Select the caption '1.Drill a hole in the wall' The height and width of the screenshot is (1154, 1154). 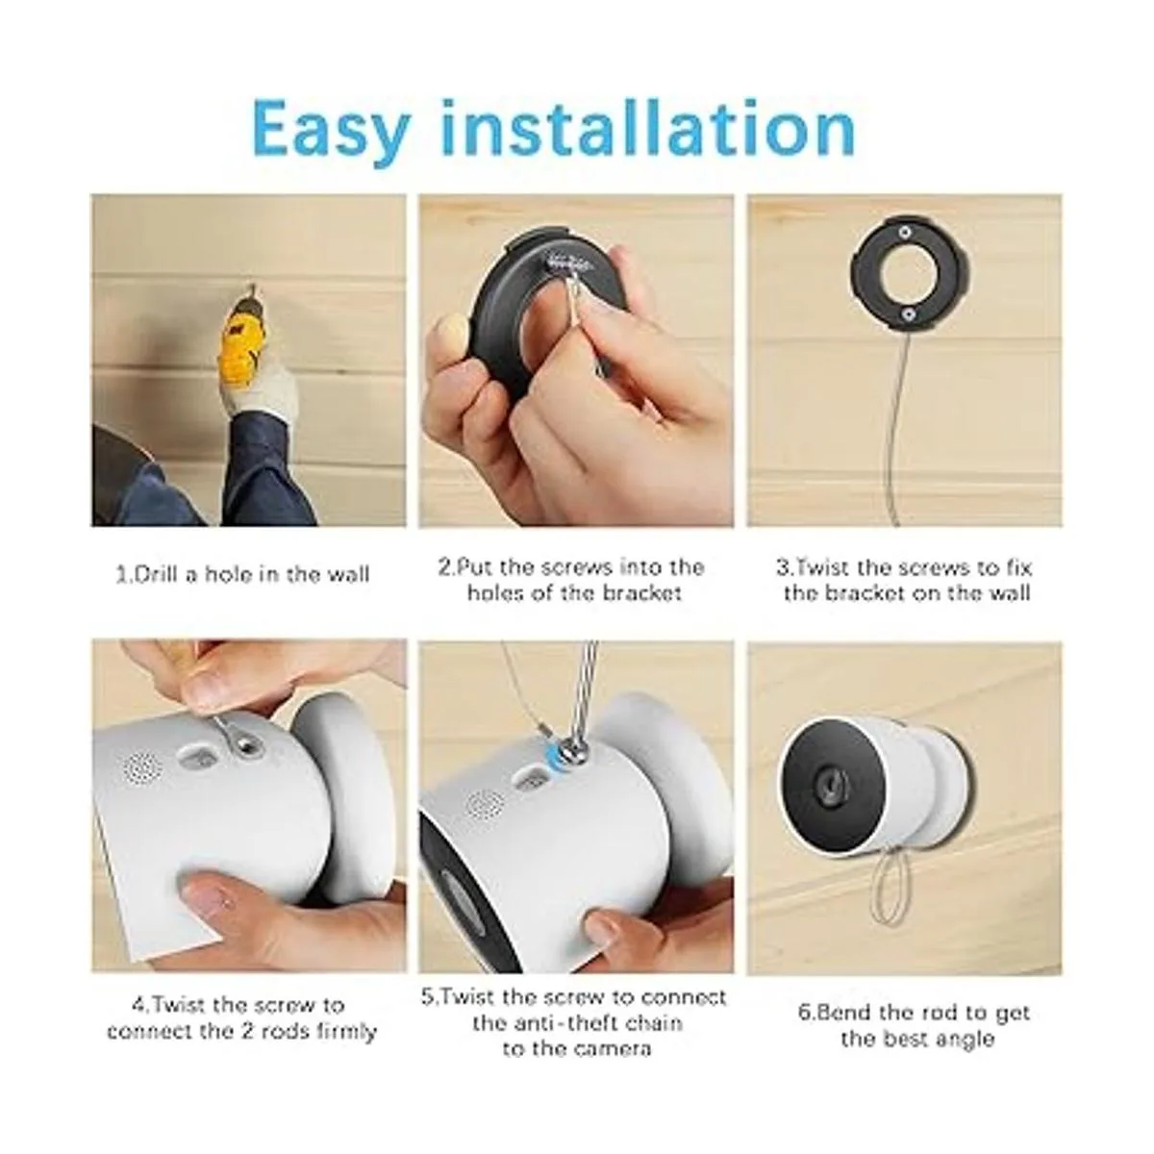click(x=242, y=574)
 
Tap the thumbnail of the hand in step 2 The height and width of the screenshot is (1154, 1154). click(x=450, y=337)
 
